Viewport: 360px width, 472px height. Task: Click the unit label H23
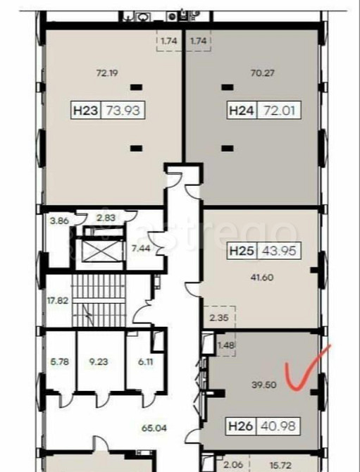[85, 110]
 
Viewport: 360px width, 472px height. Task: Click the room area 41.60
[261, 277]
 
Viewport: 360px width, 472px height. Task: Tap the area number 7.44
[139, 249]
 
